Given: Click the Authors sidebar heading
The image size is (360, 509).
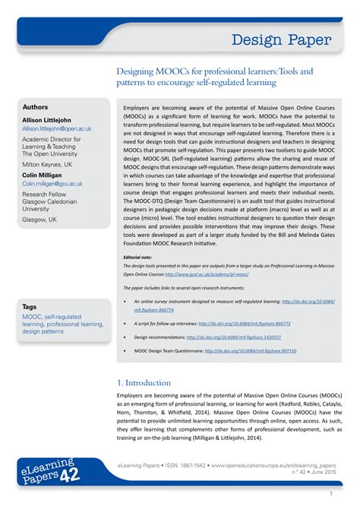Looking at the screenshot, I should click(x=35, y=107).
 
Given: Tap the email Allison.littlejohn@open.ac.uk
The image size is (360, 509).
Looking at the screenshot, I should click(x=57, y=129).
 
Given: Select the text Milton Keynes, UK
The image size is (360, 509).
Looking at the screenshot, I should click(x=48, y=163).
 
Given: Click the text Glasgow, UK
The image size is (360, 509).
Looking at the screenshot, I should click(x=39, y=219).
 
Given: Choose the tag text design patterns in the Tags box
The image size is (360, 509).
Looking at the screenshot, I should click(x=43, y=332).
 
